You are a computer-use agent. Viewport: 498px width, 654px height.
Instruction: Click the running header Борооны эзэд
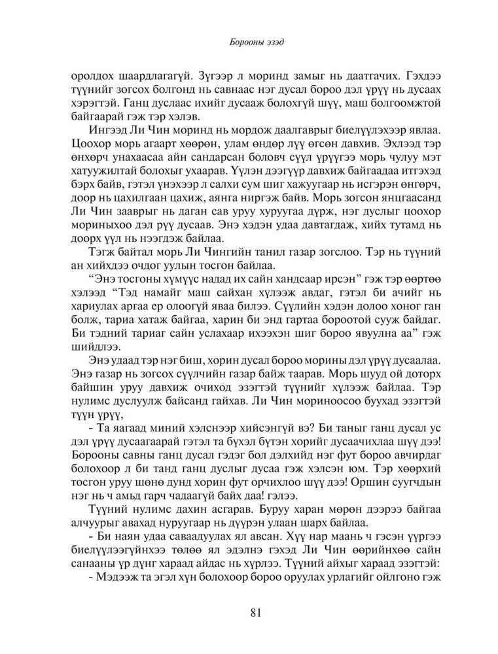tap(248, 44)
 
